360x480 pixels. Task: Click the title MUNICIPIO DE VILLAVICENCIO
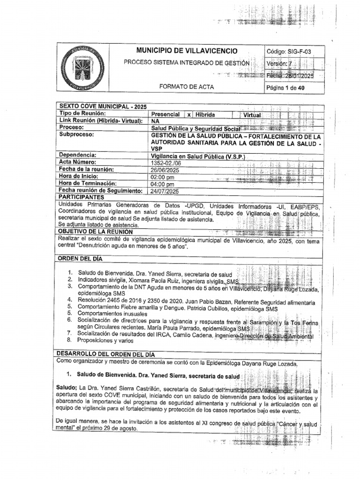click(187, 51)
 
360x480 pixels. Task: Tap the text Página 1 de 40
click(285, 88)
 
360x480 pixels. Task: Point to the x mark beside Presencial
click(188, 114)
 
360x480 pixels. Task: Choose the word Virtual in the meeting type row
click(252, 115)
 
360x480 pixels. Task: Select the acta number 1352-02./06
click(167, 163)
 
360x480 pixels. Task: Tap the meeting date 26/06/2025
click(165, 170)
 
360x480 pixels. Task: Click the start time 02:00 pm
click(163, 177)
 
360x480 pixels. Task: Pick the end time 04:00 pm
click(163, 184)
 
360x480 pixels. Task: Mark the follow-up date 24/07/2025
click(165, 191)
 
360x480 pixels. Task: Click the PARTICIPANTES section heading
click(80, 197)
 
